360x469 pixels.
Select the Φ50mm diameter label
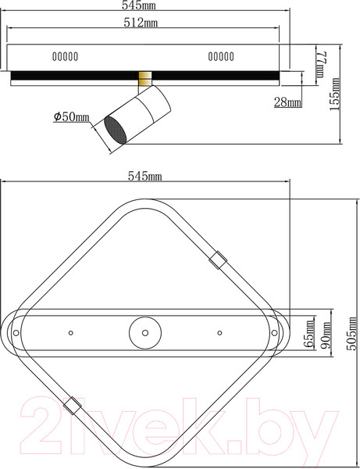[72, 116]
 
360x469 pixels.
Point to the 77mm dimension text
[320, 66]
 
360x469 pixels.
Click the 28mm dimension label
[287, 102]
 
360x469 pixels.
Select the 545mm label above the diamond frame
[145, 177]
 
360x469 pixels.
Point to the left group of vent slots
[66, 56]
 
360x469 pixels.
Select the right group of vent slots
[222, 56]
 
